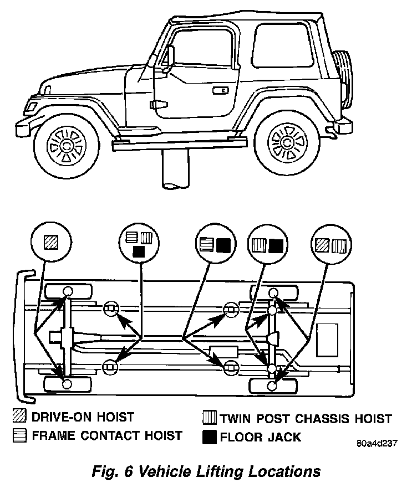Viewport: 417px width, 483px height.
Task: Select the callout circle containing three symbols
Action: point(139,244)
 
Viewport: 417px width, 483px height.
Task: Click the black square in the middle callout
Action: point(223,245)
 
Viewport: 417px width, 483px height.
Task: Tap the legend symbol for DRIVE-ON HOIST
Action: point(20,417)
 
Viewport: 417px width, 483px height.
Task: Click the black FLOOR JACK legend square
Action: point(209,437)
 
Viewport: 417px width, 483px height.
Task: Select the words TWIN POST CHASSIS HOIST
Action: point(306,418)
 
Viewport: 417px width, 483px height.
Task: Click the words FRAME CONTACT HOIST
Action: point(106,436)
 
